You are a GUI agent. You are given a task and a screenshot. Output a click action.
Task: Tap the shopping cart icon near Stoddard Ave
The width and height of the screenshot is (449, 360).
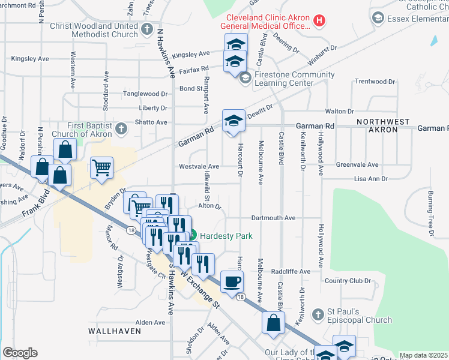102,167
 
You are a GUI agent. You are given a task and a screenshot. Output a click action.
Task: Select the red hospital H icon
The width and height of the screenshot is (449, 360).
319,20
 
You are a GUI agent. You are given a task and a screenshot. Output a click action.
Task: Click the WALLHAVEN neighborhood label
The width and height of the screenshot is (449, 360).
114,331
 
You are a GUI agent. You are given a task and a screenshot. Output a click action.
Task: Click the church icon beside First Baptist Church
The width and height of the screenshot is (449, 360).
121,128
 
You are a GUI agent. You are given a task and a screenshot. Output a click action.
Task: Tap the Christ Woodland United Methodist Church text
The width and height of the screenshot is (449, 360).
94,30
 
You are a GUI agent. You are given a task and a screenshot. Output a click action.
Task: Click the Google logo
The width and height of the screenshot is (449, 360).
20,353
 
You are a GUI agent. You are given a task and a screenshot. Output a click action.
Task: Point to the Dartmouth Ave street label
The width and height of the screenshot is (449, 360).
274,218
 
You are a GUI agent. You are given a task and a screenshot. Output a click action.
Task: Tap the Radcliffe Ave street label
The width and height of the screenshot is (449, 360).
290,271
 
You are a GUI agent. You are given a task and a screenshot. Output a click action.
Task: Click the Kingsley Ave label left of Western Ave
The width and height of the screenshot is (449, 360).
29,59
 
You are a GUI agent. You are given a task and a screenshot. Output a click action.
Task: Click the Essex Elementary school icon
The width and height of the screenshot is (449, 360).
378,18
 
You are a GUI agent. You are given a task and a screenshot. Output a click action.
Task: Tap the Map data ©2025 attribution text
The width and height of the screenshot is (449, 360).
423,355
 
